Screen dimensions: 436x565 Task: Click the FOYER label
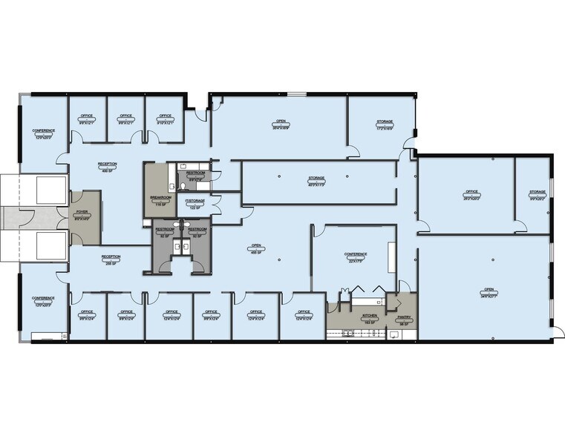[81, 212]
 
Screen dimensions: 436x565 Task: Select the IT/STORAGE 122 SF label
[195, 202]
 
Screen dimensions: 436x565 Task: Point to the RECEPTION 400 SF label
[108, 165]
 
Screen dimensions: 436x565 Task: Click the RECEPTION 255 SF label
[111, 259]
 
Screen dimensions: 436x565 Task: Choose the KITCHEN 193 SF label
[370, 317]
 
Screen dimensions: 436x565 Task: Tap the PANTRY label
[404, 318]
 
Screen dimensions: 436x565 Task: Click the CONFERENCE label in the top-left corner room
[43, 133]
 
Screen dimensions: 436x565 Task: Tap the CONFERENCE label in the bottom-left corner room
[43, 300]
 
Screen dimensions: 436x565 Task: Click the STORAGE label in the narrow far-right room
[537, 195]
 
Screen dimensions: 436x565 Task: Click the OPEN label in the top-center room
[281, 123]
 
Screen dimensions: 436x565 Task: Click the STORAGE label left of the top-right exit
[384, 124]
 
